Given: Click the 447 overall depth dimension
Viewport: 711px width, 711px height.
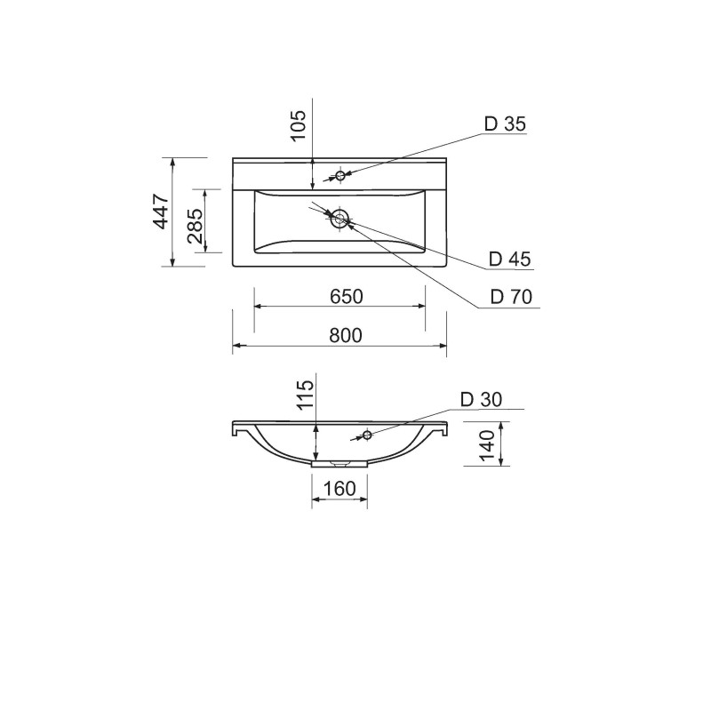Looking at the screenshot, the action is click(x=161, y=212).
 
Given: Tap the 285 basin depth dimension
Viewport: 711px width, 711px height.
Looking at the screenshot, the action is click(x=195, y=226).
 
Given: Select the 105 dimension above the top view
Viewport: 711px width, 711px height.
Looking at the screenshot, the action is click(x=299, y=125).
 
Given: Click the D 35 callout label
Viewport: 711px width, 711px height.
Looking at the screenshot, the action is click(x=505, y=124).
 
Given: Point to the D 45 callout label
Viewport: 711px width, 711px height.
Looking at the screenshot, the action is click(x=509, y=259).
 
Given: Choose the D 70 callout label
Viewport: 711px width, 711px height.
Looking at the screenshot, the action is click(x=511, y=297).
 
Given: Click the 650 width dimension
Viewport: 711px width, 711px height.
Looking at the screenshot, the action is click(x=347, y=297).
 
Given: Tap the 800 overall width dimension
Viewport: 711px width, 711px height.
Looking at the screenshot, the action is click(x=346, y=336).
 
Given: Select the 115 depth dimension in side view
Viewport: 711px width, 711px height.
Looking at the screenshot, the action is click(x=306, y=395).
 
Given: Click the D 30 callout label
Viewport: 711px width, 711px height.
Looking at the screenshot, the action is click(x=481, y=399).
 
